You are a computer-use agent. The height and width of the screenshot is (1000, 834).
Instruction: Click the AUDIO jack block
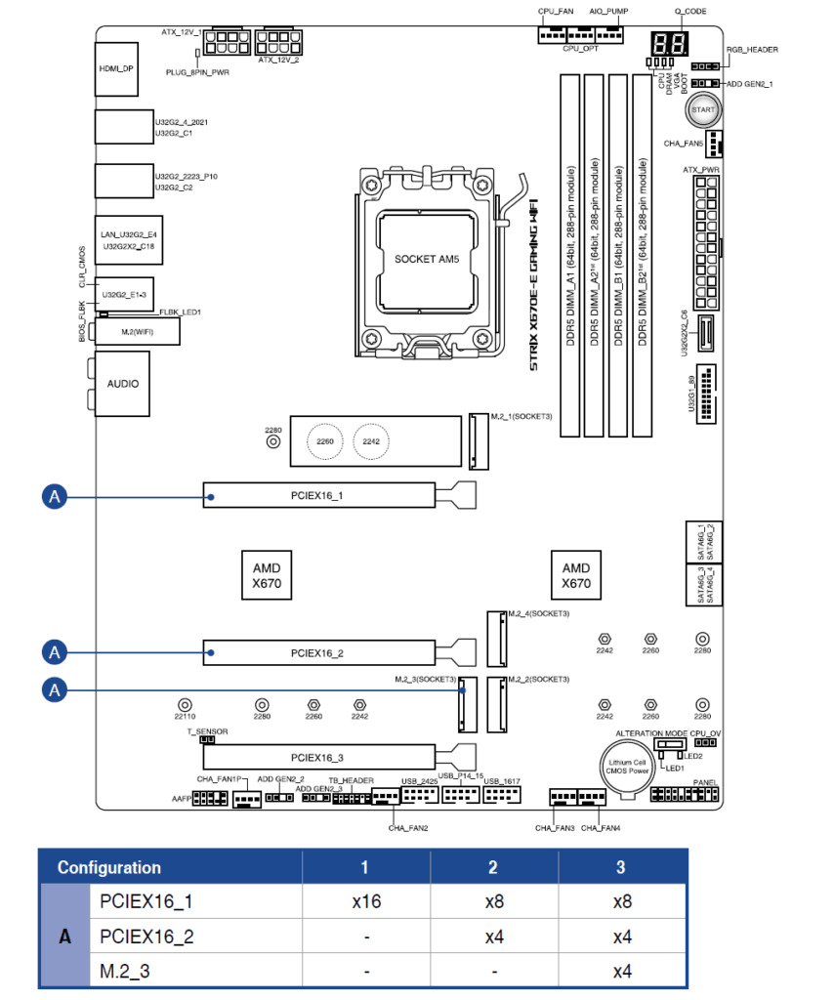pyautogui.click(x=122, y=384)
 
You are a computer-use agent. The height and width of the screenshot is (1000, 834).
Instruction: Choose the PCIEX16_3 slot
pyautogui.click(x=318, y=757)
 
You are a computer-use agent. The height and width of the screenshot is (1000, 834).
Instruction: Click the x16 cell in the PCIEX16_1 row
pyautogui.click(x=366, y=901)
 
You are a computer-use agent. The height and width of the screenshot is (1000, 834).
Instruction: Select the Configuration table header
pyautogui.click(x=109, y=867)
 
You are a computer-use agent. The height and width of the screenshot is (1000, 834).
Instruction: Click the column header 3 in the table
pyautogui.click(x=621, y=867)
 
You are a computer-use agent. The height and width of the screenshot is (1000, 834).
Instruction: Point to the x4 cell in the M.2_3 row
pyautogui.click(x=621, y=972)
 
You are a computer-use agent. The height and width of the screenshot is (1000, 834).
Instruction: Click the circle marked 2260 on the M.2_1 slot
pyautogui.click(x=325, y=441)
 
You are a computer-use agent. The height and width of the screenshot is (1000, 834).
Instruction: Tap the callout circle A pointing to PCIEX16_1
pyautogui.click(x=56, y=497)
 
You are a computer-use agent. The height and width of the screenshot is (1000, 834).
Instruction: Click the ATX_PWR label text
pyautogui.click(x=700, y=170)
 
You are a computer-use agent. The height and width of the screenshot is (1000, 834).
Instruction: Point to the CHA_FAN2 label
pyautogui.click(x=408, y=827)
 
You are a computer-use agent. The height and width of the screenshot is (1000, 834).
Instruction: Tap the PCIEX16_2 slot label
pyautogui.click(x=318, y=652)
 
